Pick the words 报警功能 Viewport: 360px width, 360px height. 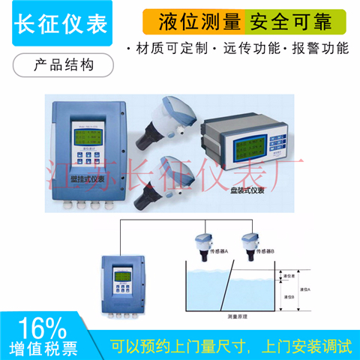[x=322, y=49]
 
